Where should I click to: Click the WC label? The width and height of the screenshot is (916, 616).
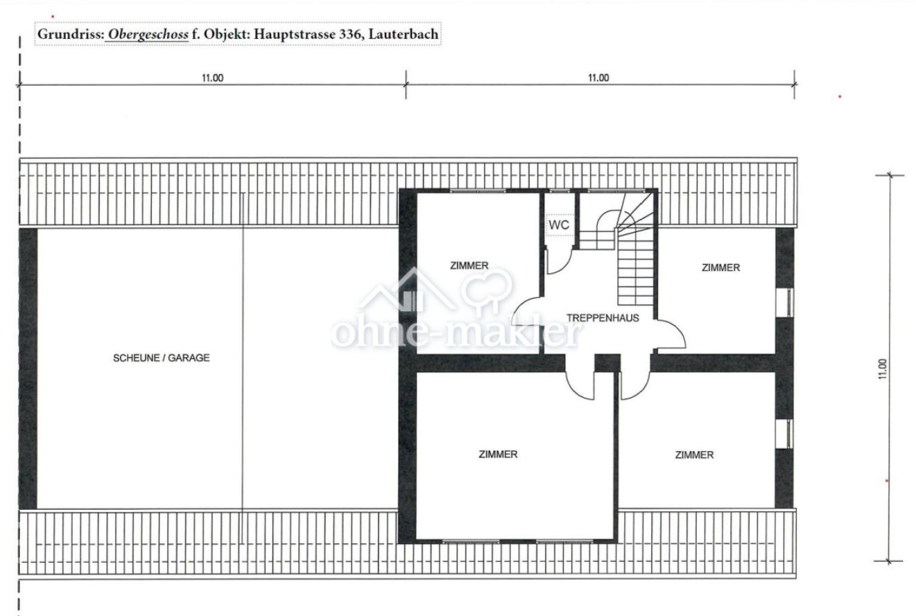point(559,224)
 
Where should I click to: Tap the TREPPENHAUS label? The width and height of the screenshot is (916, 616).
point(602,318)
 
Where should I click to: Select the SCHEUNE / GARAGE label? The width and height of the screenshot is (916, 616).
point(162,358)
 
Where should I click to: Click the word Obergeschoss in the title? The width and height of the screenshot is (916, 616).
point(148,34)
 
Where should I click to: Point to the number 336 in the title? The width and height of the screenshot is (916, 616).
point(351,34)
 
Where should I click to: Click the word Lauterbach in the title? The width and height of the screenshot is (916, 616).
point(403,34)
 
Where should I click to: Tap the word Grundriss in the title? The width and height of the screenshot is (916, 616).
point(70,34)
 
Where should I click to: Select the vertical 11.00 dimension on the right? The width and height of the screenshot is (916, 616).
point(882,369)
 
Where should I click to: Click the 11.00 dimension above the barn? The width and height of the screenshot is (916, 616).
point(213,78)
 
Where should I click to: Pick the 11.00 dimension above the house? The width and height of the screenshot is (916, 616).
point(598,78)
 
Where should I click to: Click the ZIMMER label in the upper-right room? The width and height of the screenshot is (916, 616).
point(721,268)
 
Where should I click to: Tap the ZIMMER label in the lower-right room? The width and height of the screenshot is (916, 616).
point(694,455)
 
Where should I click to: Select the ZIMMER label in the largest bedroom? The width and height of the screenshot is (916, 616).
point(498,454)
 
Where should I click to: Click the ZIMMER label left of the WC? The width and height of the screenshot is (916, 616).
point(470,266)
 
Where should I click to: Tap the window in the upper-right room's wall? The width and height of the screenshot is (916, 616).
point(785,303)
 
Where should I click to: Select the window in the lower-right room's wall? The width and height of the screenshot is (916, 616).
point(785,434)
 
